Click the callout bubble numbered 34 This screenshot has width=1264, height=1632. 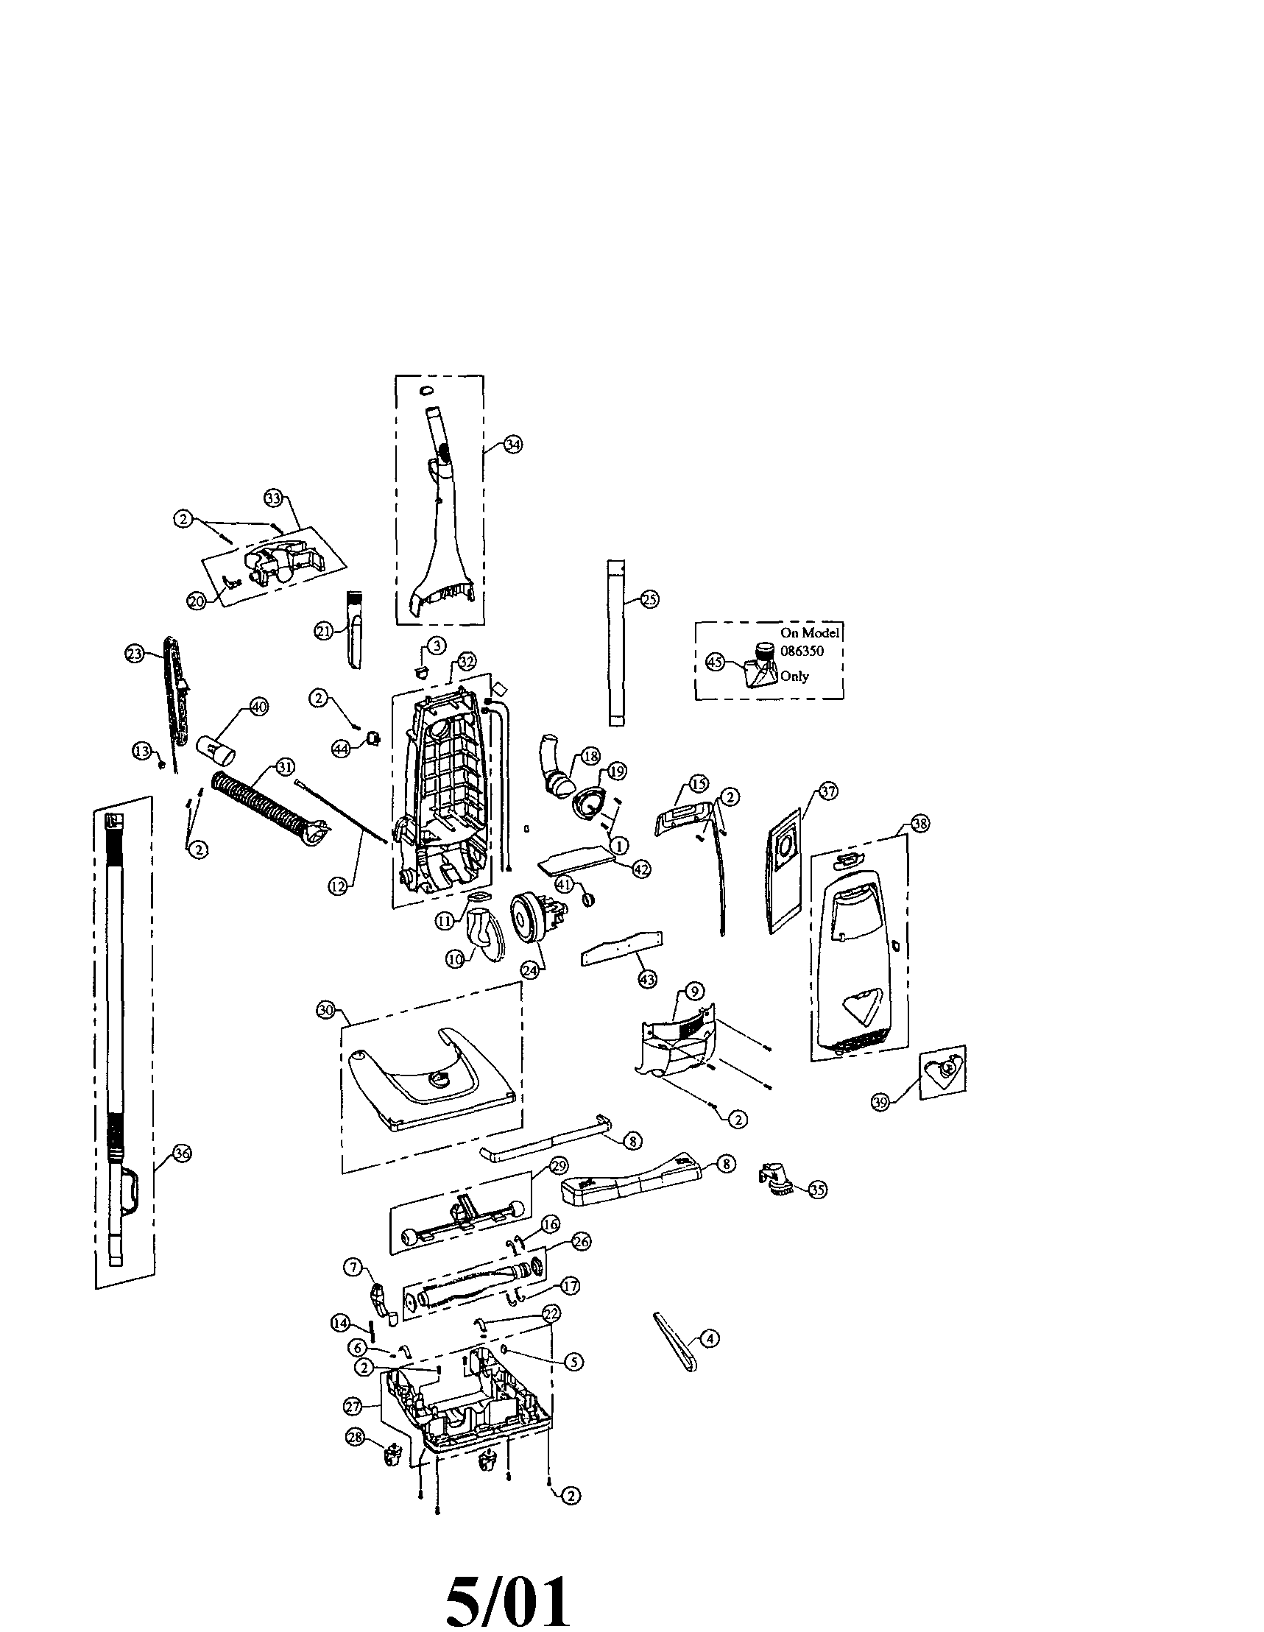tap(513, 444)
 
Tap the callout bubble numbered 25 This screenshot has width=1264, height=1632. tap(650, 598)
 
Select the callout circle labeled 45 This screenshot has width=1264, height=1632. tap(716, 662)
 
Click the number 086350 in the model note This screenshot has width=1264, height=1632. tap(801, 651)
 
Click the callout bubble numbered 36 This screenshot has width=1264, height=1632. tap(183, 1153)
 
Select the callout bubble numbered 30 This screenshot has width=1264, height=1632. tap(325, 1010)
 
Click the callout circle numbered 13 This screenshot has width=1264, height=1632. tap(142, 752)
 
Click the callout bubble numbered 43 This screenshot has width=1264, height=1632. tap(648, 978)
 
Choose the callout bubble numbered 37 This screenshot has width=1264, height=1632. tap(829, 791)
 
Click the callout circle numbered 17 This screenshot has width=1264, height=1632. tap(571, 1286)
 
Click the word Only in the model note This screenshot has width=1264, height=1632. tap(794, 677)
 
